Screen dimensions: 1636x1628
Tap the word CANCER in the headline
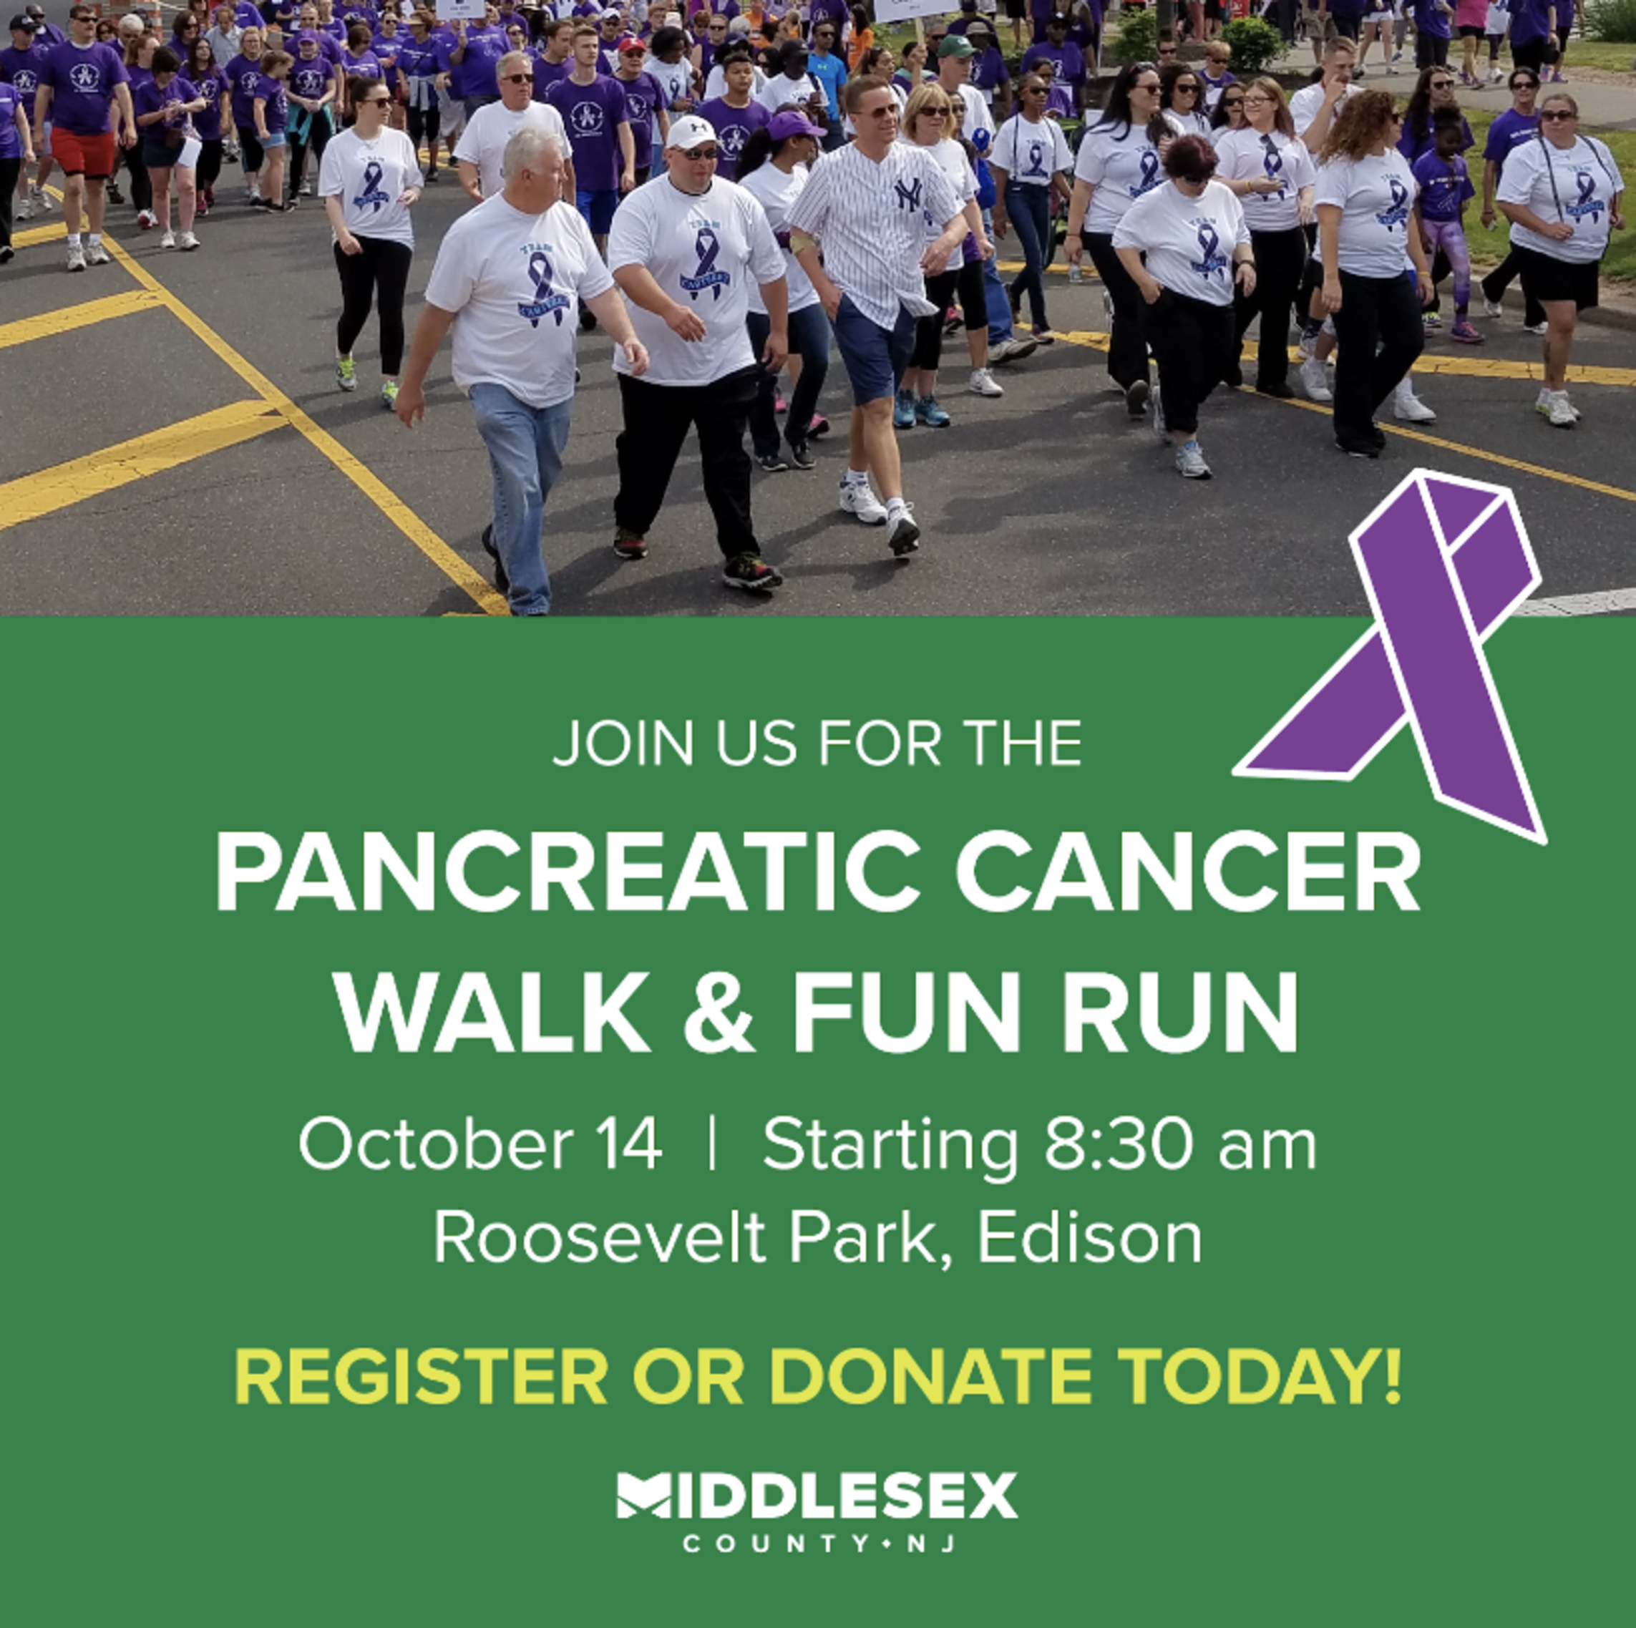(x=1188, y=872)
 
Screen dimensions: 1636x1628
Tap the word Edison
(x=1090, y=1239)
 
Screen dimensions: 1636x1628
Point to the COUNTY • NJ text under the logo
(x=819, y=1544)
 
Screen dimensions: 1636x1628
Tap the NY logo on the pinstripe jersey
(x=909, y=194)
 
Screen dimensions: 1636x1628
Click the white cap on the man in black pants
(x=692, y=132)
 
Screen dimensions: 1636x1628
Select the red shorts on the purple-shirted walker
(x=83, y=152)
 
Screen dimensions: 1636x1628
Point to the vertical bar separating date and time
(x=711, y=1144)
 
